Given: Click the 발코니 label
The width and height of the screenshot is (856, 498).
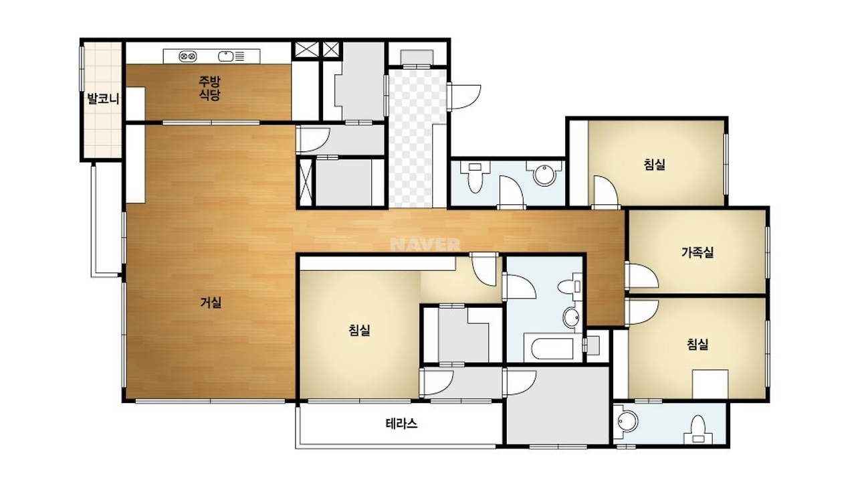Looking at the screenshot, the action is pyautogui.click(x=103, y=98).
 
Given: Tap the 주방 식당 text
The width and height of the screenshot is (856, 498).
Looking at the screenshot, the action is pyautogui.click(x=209, y=88).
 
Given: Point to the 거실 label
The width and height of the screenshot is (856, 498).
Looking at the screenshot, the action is pyautogui.click(x=211, y=303).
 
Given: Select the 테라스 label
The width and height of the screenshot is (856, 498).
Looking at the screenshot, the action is pyautogui.click(x=401, y=424).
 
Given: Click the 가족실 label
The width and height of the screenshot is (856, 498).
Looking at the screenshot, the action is pyautogui.click(x=698, y=252).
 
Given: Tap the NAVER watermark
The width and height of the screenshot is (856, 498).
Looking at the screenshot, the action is pyautogui.click(x=425, y=245).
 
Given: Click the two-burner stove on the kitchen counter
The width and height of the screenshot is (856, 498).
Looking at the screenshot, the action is pyautogui.click(x=188, y=57).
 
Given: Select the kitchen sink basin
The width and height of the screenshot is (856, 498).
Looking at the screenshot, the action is pyautogui.click(x=225, y=57).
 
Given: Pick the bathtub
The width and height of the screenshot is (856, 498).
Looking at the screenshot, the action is pyautogui.click(x=552, y=349).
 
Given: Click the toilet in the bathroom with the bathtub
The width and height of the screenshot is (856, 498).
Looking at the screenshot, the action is pyautogui.click(x=570, y=286).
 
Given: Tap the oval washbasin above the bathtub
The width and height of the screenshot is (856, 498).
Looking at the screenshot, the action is pyautogui.click(x=571, y=317).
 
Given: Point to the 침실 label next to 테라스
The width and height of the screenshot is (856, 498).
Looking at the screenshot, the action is pyautogui.click(x=359, y=330).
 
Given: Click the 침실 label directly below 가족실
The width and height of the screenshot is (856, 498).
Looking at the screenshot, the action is pyautogui.click(x=698, y=344).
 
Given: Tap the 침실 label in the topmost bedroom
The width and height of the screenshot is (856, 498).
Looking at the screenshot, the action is pyautogui.click(x=654, y=165).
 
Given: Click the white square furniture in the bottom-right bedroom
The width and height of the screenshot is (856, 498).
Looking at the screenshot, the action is pyautogui.click(x=710, y=384).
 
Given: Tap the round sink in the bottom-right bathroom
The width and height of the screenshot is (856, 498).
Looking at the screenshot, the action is pyautogui.click(x=627, y=421).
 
